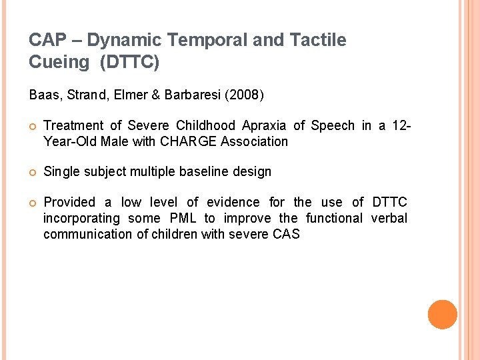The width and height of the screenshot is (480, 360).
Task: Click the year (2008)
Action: (x=245, y=95)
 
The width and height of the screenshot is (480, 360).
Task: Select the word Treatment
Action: (x=73, y=125)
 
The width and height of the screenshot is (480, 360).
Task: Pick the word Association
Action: (x=256, y=141)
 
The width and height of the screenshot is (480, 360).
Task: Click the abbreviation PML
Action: (x=183, y=218)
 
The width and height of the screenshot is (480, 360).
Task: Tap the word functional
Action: (x=333, y=218)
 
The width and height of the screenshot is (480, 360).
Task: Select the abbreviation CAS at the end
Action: (x=287, y=234)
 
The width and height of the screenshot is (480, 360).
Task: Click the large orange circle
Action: (x=442, y=315)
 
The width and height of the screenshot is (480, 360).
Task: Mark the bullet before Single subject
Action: (x=33, y=172)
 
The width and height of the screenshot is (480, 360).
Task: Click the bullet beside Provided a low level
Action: (x=33, y=203)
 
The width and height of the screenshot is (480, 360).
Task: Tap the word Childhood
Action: (x=205, y=125)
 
